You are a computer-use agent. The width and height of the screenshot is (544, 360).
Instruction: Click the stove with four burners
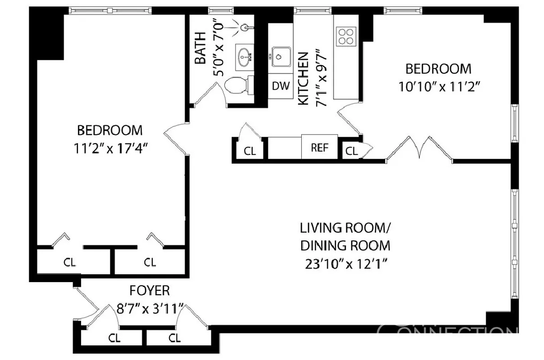coord(346,36)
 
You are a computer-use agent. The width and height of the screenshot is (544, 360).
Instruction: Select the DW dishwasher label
coord(281,86)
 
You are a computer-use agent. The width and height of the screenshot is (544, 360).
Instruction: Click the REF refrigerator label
coord(319,147)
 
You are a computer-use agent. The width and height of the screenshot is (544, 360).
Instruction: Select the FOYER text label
coord(150,290)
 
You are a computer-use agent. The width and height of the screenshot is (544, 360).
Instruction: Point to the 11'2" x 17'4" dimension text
coord(110,148)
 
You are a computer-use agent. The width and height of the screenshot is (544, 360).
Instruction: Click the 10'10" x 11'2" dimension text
coord(438,86)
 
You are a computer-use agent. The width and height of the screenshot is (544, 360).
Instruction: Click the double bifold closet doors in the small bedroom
coord(419,148)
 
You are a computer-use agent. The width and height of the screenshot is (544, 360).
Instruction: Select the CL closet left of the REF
coord(249,151)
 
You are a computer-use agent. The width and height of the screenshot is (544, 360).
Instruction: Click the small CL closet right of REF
coord(352,152)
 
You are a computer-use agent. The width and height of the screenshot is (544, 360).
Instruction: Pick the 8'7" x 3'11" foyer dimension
coord(150,309)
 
